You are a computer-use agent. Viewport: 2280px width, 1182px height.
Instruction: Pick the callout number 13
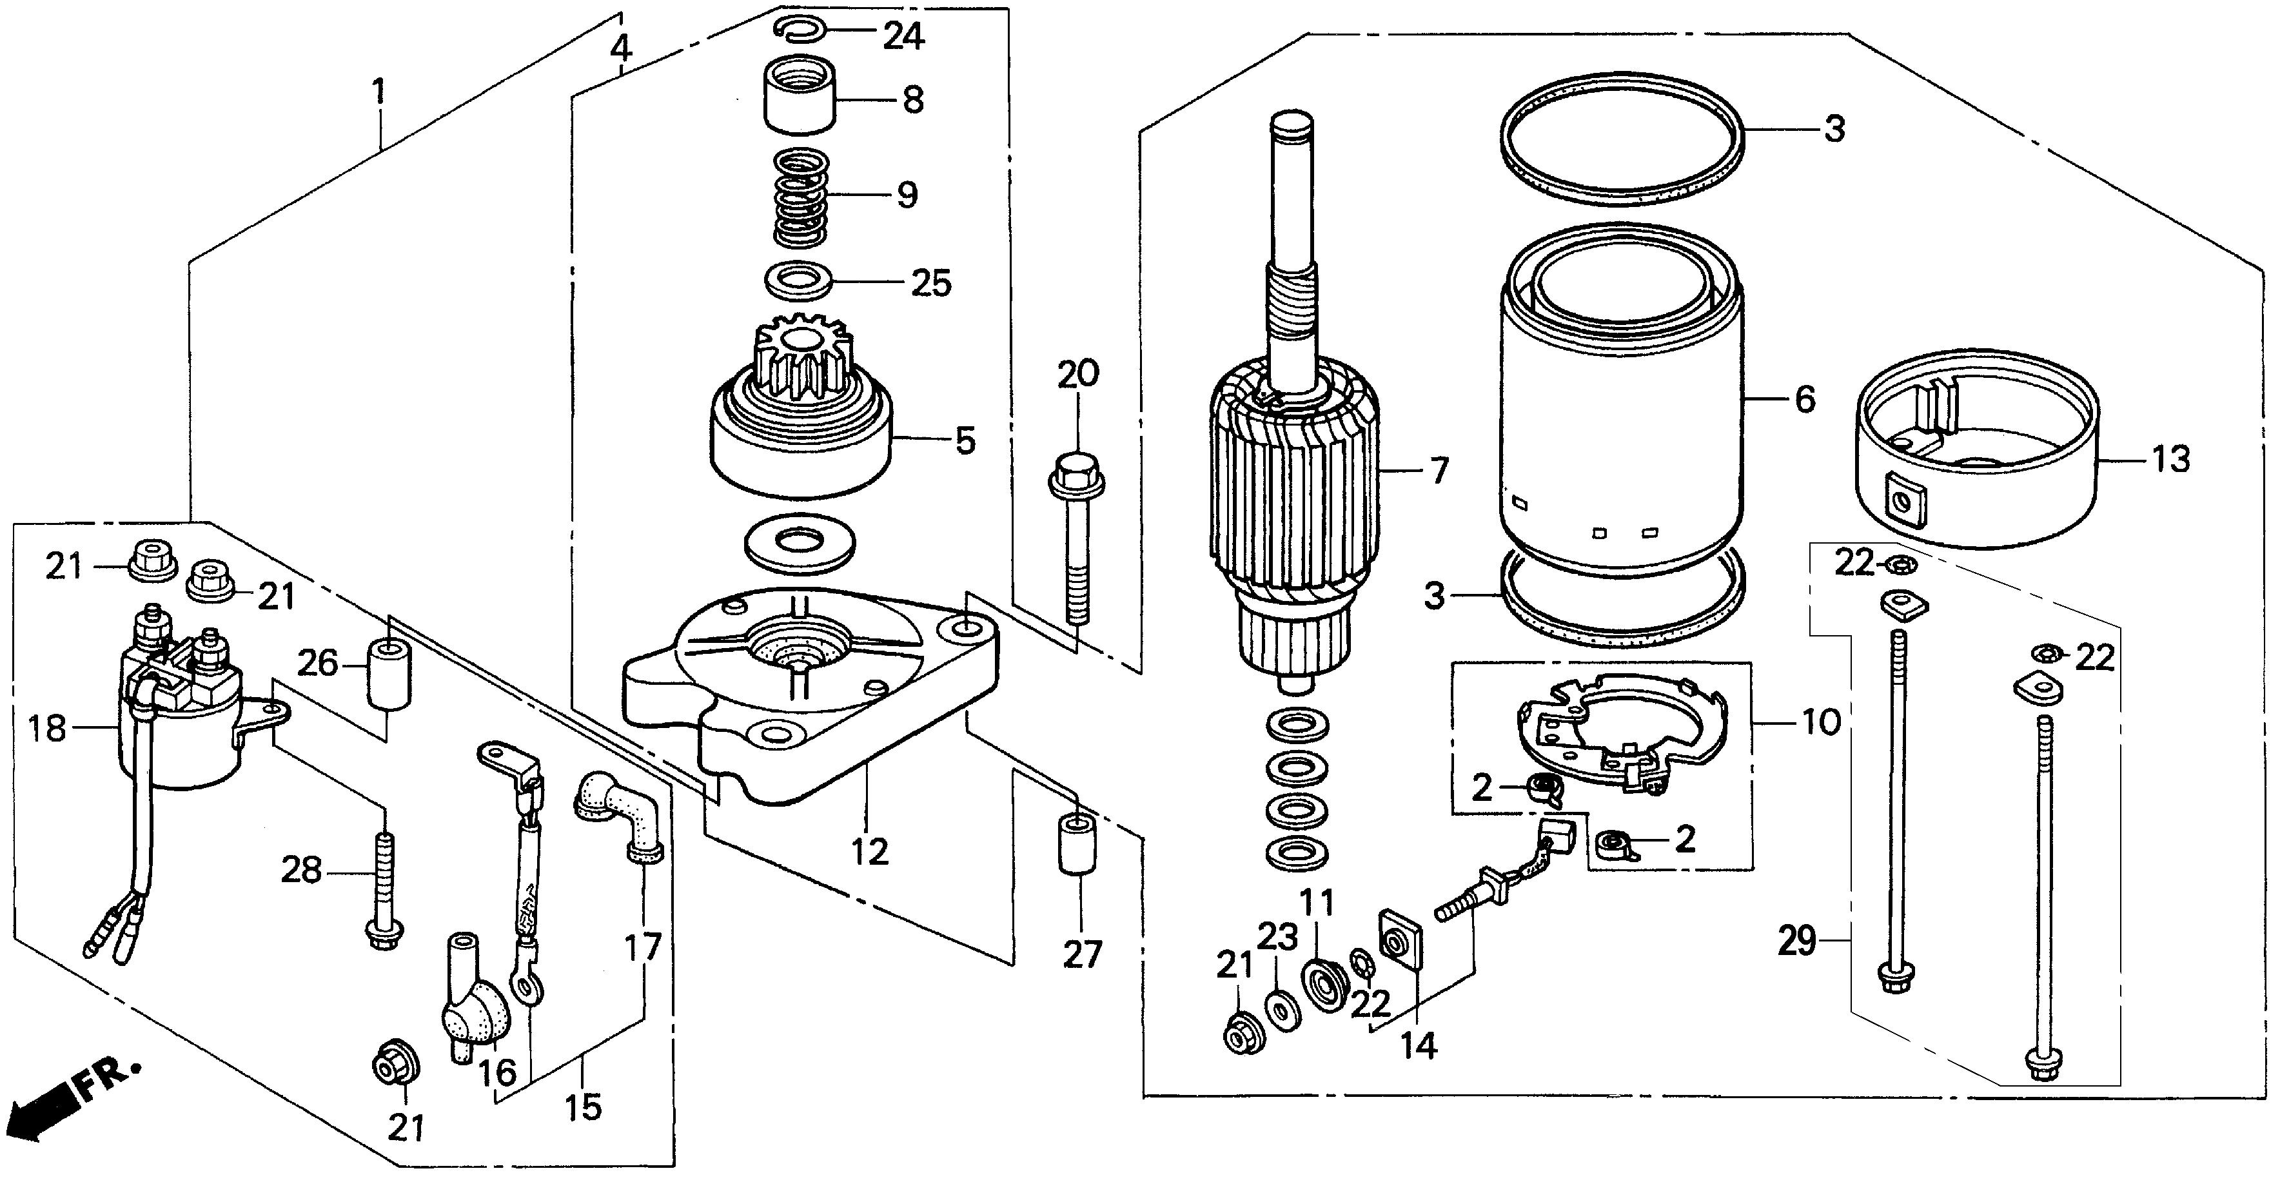2170,458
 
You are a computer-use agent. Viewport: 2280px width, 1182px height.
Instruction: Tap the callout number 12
869,852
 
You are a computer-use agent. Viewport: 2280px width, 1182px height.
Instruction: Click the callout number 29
1797,941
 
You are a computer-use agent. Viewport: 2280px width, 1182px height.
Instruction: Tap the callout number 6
1805,399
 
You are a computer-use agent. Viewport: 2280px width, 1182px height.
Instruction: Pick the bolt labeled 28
386,894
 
